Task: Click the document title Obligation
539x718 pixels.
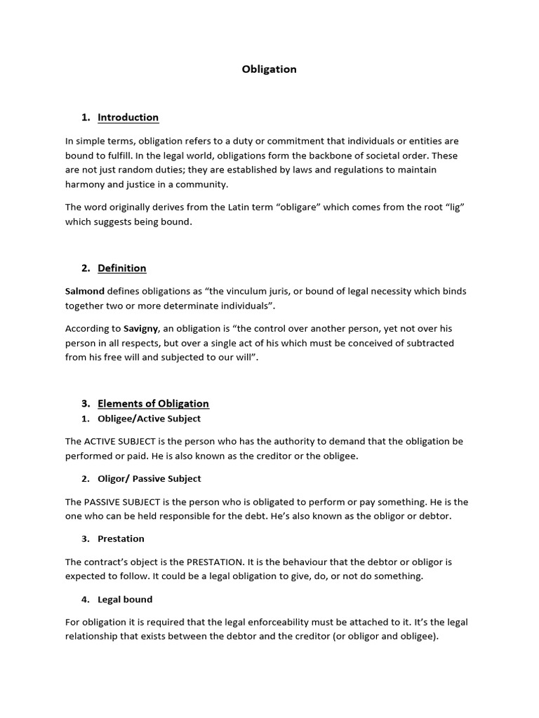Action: pos(269,69)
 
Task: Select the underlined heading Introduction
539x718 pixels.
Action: pos(128,117)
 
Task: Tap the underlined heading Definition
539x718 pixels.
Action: pos(121,268)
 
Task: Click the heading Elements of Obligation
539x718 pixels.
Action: pos(153,403)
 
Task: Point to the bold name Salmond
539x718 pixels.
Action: pos(85,291)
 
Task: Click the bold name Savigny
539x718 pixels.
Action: pos(141,328)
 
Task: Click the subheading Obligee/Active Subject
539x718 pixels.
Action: pos(149,419)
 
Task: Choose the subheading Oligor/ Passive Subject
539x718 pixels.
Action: pos(149,479)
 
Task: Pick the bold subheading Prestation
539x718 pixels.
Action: pos(121,539)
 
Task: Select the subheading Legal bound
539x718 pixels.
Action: pos(125,600)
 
